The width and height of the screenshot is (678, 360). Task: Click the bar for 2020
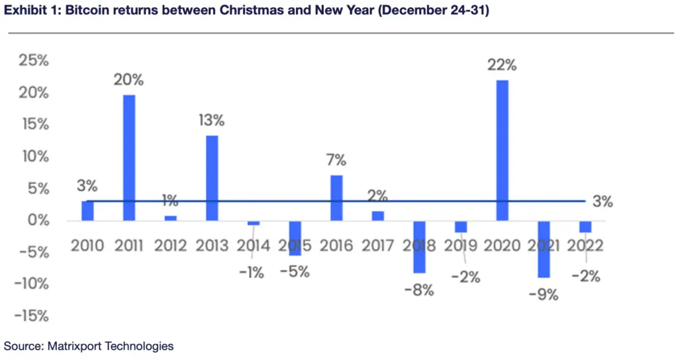click(502, 150)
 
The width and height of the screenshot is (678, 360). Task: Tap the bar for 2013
click(212, 177)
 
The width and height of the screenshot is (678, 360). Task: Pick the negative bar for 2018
click(419, 246)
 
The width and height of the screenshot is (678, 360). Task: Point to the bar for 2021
click(544, 249)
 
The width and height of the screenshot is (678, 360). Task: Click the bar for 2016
click(336, 198)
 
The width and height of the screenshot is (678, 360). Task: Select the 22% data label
click(502, 66)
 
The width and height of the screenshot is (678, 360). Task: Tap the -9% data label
click(544, 294)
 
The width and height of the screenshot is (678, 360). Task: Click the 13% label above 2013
click(212, 120)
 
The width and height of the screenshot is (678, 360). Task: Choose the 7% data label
click(336, 160)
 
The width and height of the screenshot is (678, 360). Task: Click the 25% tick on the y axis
click(33, 61)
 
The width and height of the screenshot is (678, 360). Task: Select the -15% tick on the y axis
click(30, 316)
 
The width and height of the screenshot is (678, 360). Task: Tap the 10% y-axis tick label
click(34, 156)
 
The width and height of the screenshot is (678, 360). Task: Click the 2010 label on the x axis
click(87, 246)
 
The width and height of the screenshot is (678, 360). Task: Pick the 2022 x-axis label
click(585, 246)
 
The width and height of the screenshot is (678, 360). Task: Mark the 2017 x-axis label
click(377, 246)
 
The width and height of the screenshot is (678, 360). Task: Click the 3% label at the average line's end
click(603, 202)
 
